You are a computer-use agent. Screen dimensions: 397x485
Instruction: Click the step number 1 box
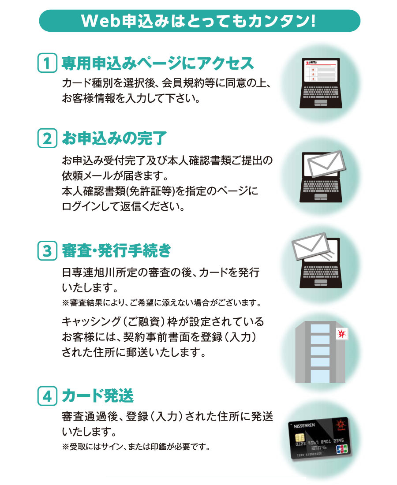coord(47,63)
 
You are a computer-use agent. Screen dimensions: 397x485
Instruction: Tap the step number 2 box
coord(47,138)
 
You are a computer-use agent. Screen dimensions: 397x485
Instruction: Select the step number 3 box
coord(47,250)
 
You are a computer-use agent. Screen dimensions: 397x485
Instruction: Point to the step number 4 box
coord(47,395)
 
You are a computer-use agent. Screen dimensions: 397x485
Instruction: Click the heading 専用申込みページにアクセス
coord(158,63)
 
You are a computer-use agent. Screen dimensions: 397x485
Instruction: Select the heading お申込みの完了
coord(115,138)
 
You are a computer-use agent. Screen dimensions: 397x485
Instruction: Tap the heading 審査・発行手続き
coord(116,250)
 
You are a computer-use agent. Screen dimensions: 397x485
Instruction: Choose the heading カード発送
coord(98,395)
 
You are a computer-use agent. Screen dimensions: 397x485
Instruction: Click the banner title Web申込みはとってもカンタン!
coord(198,21)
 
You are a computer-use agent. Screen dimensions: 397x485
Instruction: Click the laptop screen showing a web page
coord(321,71)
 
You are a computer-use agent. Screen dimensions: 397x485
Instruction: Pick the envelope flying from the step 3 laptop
coord(311,246)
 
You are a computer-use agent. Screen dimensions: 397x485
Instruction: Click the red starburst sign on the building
coord(341,334)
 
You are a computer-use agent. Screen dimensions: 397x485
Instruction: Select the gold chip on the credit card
coord(299,438)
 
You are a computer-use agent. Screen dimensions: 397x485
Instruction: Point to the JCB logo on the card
coord(342,448)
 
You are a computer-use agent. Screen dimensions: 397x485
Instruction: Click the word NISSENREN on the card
coord(304,426)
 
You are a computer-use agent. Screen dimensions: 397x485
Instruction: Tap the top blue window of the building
coord(320,328)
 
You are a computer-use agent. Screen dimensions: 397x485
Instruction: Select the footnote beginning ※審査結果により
coord(161,302)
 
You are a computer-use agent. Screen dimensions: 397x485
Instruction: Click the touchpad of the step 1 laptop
coord(321,103)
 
